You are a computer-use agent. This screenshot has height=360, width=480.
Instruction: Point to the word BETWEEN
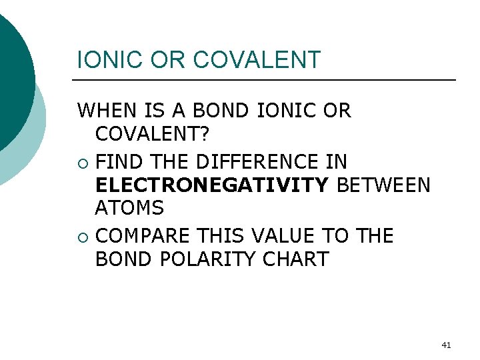pyautogui.click(x=384, y=185)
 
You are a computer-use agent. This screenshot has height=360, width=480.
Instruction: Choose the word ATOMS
pyautogui.click(x=129, y=209)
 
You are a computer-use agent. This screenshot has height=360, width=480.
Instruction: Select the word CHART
pyautogui.click(x=296, y=259)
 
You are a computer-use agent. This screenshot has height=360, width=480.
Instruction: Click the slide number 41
pyautogui.click(x=447, y=345)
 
